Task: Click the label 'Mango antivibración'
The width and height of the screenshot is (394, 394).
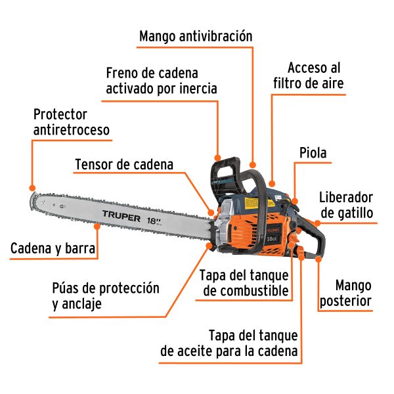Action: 196,35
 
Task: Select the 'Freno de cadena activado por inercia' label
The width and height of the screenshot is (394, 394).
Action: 161,80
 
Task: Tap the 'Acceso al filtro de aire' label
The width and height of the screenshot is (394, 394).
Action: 315,76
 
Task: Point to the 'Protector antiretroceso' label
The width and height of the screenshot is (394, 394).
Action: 72,122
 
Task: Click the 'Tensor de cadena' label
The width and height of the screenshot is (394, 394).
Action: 124,164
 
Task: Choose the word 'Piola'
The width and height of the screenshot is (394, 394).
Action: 313,154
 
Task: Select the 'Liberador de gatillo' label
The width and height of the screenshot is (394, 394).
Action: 346,205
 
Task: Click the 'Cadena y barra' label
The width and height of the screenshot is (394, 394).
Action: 53,249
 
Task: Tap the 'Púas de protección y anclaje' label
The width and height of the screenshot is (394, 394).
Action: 106,296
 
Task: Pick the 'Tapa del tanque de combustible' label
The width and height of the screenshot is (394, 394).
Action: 244,282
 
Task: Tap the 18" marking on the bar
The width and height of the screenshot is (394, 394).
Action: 155,213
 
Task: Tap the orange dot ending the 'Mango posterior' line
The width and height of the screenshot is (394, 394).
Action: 318,259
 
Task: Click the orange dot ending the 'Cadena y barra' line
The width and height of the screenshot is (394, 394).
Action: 98,225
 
